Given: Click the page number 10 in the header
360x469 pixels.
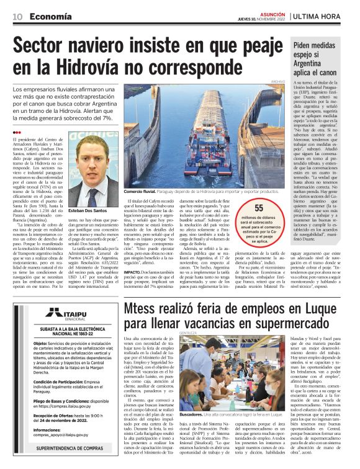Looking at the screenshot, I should [18, 16].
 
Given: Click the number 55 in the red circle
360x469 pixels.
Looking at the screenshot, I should [259, 208].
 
